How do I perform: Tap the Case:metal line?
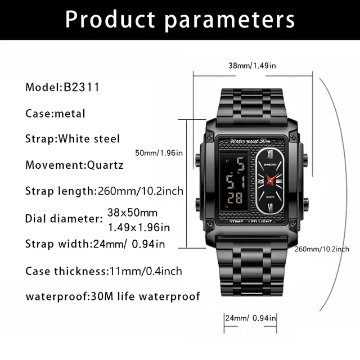tap(55, 113)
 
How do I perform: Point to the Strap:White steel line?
tap(73, 138)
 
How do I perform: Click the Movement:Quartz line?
tap(74, 165)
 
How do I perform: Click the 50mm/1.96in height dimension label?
tap(159, 152)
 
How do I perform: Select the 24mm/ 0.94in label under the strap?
tap(250, 318)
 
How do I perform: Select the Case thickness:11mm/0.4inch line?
tap(103, 271)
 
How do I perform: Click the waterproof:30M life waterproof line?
tap(112, 296)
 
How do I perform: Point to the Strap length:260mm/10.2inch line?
tap(104, 191)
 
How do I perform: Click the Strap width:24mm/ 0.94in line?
tap(95, 244)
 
